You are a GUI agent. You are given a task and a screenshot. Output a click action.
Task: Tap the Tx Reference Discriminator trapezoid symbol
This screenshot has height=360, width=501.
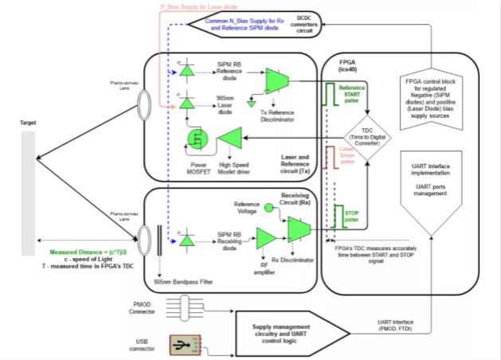(x=277, y=79)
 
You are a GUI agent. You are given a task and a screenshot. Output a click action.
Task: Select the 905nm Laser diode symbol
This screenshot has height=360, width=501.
(x=186, y=104)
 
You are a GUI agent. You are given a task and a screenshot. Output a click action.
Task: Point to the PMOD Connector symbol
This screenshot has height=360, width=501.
(x=188, y=307)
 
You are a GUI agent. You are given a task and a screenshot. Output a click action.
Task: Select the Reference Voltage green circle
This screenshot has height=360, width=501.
(x=268, y=209)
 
